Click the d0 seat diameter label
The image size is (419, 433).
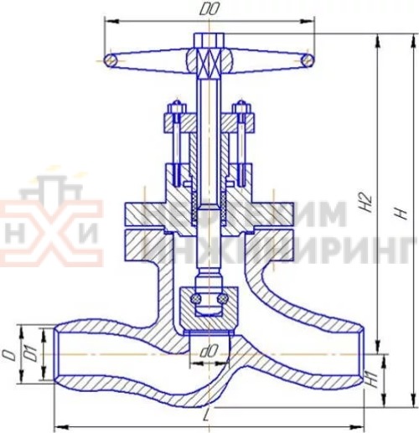point(209,345)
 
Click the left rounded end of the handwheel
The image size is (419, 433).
point(108,59)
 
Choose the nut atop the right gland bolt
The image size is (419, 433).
point(242,110)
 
